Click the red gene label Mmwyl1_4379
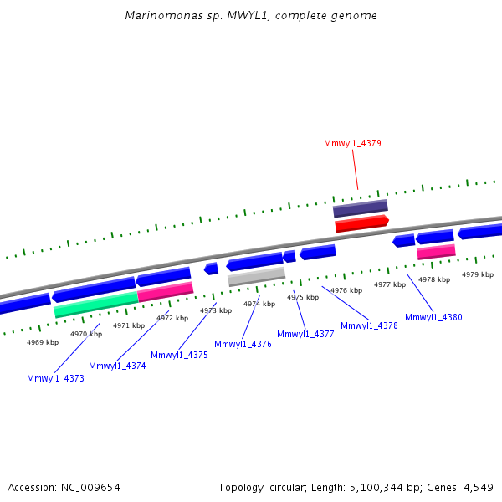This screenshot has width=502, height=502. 352,143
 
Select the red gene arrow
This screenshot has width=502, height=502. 361,223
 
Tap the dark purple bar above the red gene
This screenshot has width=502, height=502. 360,207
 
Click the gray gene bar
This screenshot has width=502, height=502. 257,275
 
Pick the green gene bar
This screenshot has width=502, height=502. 95,304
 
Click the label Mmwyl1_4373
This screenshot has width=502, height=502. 55,378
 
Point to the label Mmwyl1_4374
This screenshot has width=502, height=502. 117,366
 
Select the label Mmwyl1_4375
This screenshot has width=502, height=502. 179,355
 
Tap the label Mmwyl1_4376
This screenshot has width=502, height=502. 243,344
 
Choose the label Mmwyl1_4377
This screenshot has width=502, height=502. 305,334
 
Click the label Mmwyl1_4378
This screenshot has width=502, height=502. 369,325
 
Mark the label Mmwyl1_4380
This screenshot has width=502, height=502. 433,317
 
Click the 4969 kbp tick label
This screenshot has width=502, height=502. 43,342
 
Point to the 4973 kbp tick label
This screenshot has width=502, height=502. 215,310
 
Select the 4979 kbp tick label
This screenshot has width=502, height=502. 477,274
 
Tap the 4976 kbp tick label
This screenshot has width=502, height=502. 346,290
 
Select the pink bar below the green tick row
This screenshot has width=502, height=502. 436,252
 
